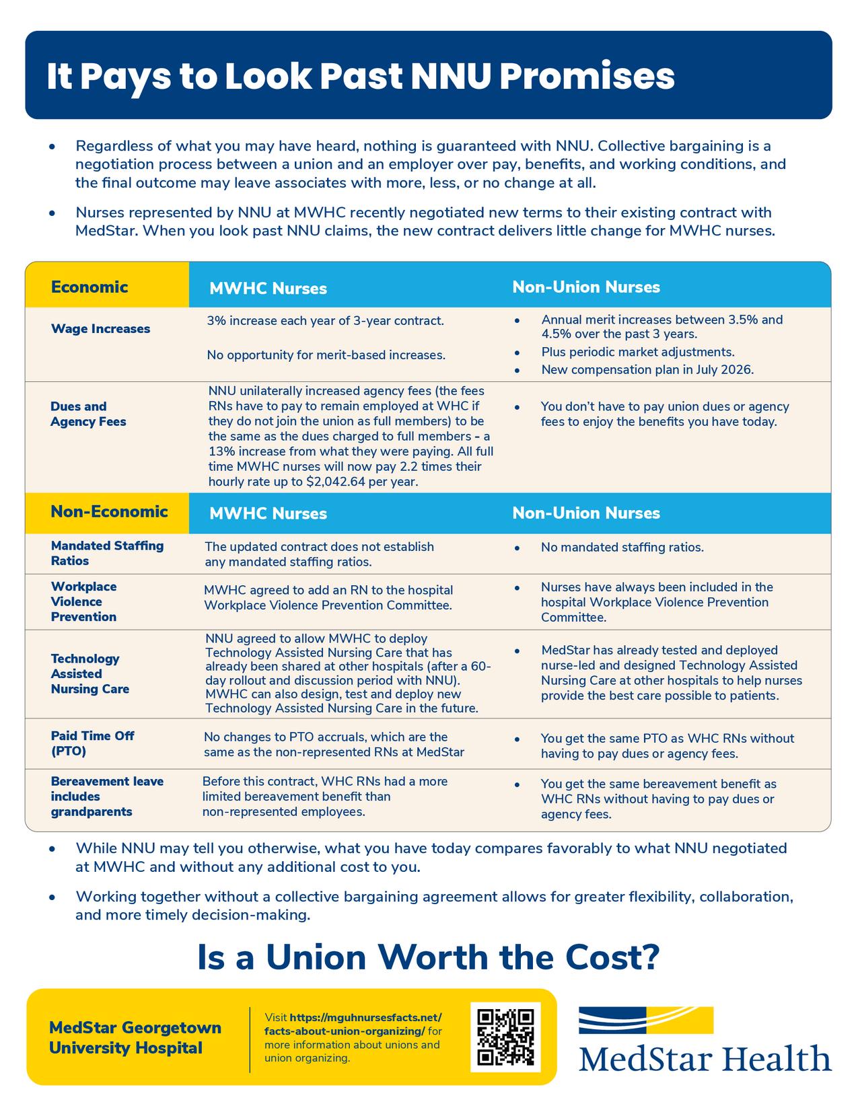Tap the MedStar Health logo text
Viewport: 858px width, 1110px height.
point(705,1059)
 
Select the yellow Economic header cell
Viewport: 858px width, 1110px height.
point(90,287)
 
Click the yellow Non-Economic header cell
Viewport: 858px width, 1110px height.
point(109,512)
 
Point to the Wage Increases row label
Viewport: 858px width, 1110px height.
point(100,329)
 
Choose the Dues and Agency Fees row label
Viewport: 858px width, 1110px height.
point(87,414)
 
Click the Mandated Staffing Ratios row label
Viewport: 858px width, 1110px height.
point(107,553)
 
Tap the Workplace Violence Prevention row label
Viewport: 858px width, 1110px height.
point(83,601)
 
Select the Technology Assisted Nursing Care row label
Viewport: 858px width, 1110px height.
point(90,673)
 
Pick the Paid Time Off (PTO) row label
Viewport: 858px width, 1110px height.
point(92,743)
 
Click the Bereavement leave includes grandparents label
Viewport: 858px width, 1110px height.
point(107,797)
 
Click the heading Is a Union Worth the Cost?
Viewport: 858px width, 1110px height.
point(428,957)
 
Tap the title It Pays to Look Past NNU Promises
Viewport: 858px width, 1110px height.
point(360,77)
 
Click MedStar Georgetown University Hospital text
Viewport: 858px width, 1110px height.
point(135,1037)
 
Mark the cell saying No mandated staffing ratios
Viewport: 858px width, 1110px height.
point(622,548)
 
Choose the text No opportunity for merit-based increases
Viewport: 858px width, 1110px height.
point(326,355)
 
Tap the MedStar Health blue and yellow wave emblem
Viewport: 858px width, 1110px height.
point(645,1020)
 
